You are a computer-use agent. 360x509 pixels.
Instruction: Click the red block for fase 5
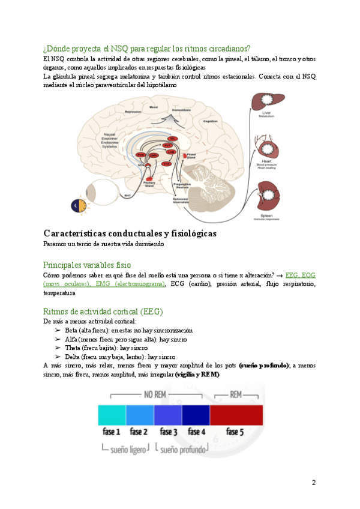tap(236, 415)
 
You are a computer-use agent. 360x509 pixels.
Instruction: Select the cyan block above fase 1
tap(112, 415)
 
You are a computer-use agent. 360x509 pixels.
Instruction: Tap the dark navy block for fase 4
tap(196, 415)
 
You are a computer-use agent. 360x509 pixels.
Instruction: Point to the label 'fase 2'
tap(139, 432)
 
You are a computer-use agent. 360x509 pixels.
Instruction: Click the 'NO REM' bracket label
tap(154, 395)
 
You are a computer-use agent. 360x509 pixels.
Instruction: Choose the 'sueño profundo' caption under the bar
tap(182, 448)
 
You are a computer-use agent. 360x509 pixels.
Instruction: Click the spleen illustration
tap(268, 196)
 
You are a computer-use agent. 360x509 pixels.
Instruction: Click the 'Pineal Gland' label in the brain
tap(191, 155)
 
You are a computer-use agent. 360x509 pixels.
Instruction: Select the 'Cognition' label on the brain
tap(209, 121)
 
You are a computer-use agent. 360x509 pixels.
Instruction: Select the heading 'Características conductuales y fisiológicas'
tap(130, 233)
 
